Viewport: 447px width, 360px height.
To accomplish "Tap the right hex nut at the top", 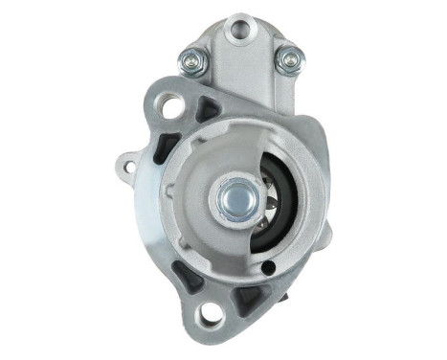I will [286, 60].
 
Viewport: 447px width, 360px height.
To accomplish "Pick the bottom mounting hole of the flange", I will [209, 314].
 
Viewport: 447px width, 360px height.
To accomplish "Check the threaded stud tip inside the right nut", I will [286, 60].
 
